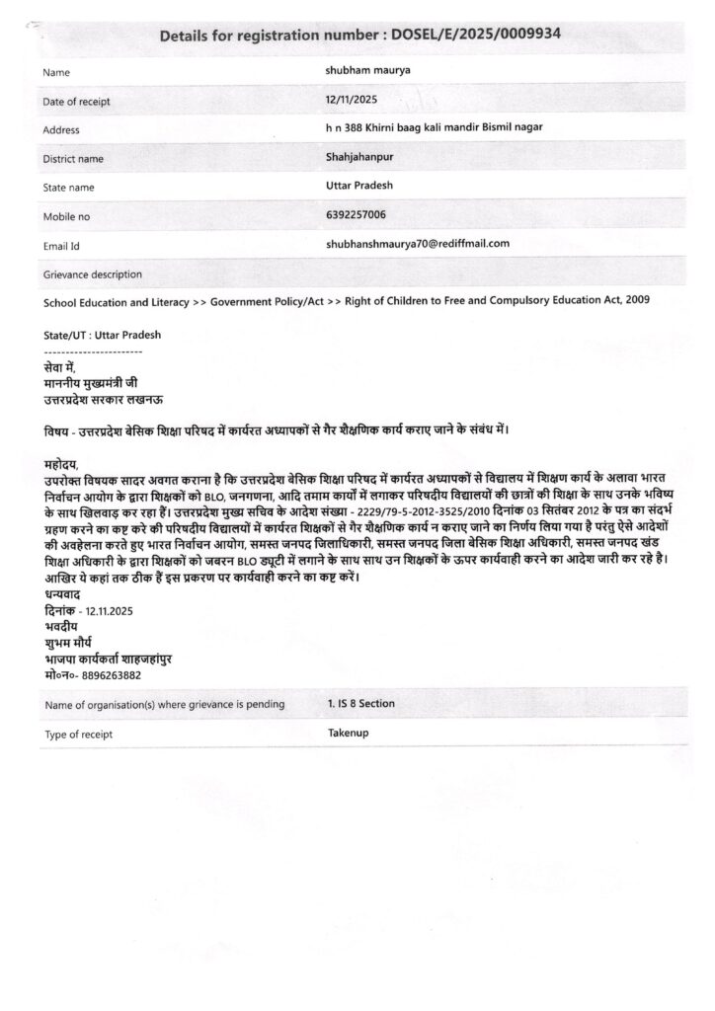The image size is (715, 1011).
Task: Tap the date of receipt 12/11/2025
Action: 351,100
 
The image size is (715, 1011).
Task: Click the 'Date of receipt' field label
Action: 77,102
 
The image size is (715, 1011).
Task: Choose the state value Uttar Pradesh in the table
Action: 360,185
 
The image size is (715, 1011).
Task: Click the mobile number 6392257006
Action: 356,213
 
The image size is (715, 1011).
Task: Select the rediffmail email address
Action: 417,242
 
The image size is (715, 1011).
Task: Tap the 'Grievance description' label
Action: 93,273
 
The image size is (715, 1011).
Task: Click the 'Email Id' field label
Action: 61,245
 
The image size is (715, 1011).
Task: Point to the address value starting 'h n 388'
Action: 434,127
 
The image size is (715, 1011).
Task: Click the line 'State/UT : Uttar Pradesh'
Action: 103,335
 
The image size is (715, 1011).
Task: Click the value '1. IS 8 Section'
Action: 361,703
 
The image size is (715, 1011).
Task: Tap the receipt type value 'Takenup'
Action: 348,734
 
